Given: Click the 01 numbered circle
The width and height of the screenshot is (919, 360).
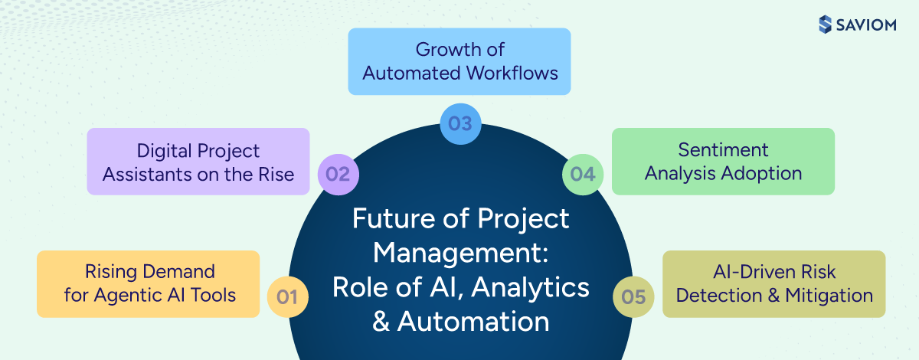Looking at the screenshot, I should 287,296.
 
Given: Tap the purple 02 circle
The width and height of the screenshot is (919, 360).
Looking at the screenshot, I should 338,174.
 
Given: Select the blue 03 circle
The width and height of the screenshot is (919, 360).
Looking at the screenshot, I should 460,123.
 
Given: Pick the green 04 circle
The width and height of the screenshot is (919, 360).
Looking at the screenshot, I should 583,174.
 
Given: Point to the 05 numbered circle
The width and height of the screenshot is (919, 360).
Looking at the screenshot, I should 634,296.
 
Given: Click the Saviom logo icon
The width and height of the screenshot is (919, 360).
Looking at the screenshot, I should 825,25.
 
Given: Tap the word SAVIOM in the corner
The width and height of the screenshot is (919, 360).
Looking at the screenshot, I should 869,25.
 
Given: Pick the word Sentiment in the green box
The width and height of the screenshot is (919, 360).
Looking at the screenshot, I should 723,150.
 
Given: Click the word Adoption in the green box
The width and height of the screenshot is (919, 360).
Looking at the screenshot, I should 763,173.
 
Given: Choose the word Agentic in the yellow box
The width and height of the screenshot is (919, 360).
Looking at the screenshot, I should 123,296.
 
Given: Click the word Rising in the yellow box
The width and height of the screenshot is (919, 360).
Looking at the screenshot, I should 107,272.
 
